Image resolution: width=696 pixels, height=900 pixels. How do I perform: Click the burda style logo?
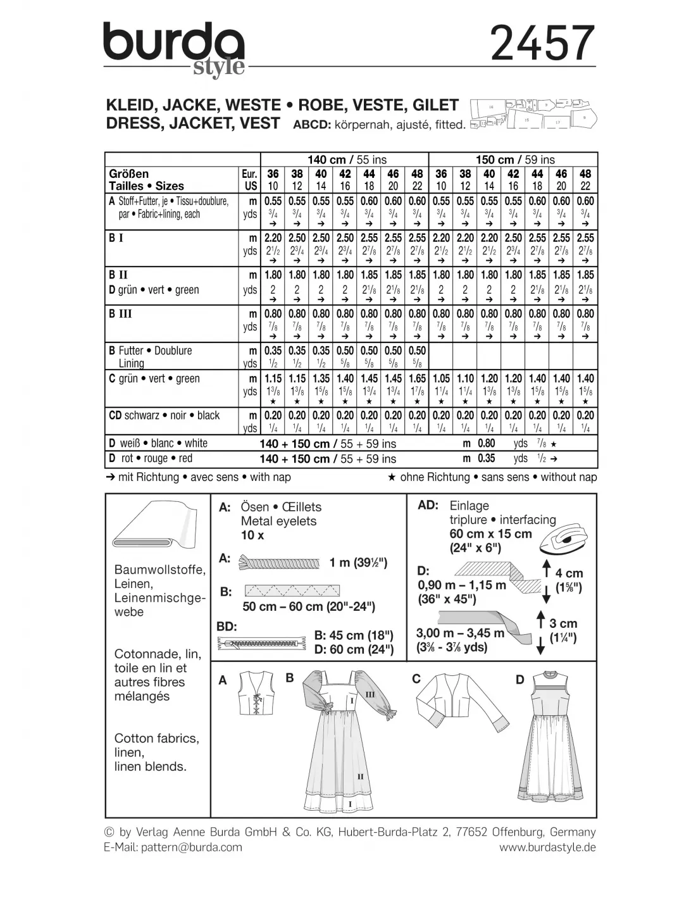175,49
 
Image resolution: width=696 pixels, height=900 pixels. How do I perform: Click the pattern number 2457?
543,43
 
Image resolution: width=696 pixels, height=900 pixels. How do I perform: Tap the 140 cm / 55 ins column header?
347,159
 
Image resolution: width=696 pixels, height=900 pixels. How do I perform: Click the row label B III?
120,314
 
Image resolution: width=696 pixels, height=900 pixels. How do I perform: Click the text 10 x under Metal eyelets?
252,535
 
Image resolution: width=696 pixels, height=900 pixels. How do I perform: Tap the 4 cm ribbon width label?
569,573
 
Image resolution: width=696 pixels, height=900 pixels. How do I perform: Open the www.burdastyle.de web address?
547,847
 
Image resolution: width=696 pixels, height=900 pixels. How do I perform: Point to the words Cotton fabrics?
156,738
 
